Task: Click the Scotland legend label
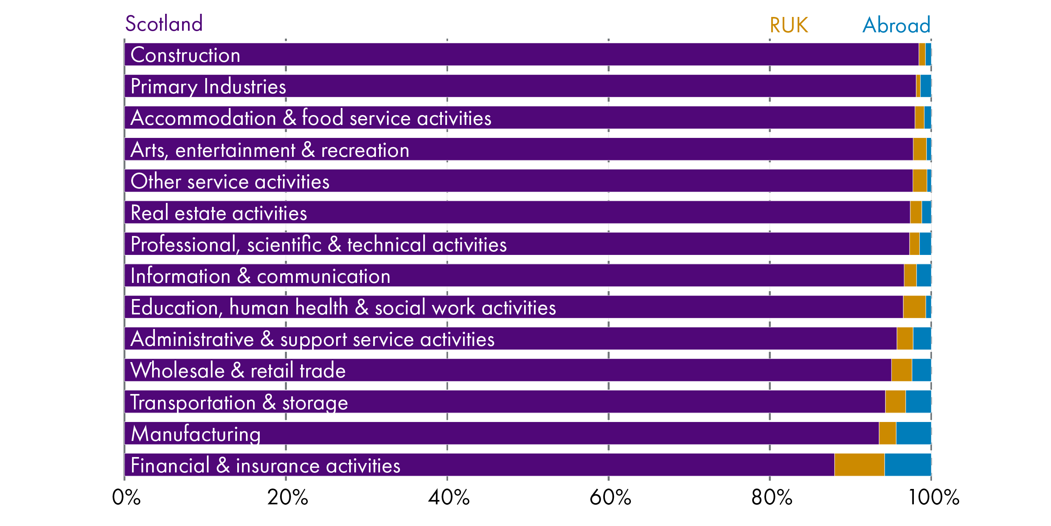tap(164, 24)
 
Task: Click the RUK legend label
tap(788, 25)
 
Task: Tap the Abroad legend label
tap(896, 25)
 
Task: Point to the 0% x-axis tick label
tap(126, 498)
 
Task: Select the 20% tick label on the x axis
tap(288, 498)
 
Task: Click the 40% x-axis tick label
tap(449, 498)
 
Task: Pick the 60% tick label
tap(610, 498)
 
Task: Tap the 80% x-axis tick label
tap(772, 498)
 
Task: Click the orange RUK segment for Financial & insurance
tap(859, 465)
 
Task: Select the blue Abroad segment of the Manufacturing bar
tap(913, 433)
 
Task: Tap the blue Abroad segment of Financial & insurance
tap(908, 465)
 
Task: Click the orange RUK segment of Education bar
tap(914, 307)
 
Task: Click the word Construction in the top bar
tap(185, 55)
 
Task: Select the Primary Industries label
tap(208, 87)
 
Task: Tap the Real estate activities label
tap(219, 213)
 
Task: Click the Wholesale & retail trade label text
tap(238, 370)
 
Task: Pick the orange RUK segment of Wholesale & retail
tap(901, 370)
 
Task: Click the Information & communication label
tap(260, 276)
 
